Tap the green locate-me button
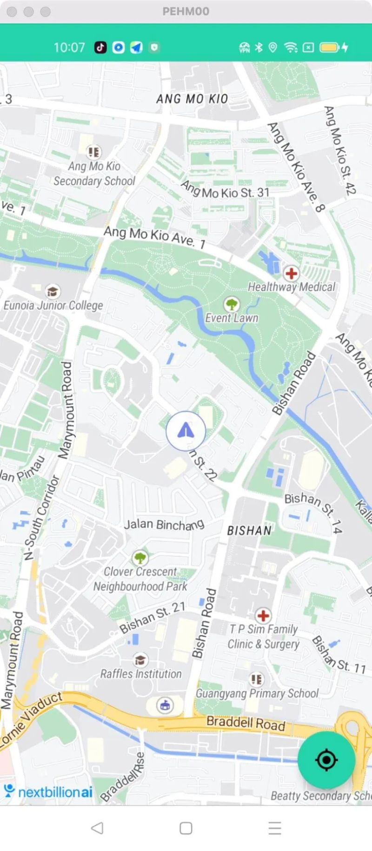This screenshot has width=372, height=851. coord(326,759)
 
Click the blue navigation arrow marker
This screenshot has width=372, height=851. coord(186,431)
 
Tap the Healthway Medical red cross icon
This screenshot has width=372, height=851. coord(292,273)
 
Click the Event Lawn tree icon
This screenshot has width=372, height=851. coord(232,305)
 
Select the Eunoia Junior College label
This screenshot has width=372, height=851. coord(53,305)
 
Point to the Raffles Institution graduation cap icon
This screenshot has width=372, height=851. coord(140,660)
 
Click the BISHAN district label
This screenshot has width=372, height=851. coord(249,530)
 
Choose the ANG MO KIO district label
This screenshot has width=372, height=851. coord(192,99)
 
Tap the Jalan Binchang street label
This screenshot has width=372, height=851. coord(164,524)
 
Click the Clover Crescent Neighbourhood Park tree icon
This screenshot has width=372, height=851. coord(140,557)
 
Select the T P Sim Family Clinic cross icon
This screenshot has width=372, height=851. coord(263,616)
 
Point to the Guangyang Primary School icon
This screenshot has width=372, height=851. coord(256,679)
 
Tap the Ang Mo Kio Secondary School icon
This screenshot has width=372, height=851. coord(94,152)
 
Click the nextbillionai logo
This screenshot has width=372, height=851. coord(48,791)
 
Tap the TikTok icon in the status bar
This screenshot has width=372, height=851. coord(100,47)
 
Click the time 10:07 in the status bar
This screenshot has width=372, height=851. coord(69,47)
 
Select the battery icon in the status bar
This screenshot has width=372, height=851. coord(329,47)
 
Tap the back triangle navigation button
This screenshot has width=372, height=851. coord(97,828)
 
